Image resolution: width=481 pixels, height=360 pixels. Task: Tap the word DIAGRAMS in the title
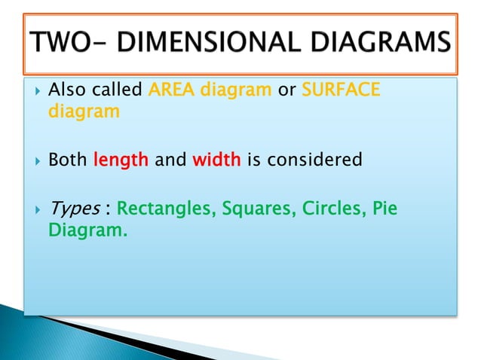[375, 43]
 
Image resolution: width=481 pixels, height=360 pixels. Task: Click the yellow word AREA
[170, 92]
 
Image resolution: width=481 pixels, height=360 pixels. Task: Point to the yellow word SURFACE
[342, 92]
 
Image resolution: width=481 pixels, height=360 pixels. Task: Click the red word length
[121, 160]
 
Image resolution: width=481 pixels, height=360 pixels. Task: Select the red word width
[216, 160]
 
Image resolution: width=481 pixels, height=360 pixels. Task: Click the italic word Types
[73, 209]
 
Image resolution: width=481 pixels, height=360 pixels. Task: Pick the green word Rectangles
[164, 209]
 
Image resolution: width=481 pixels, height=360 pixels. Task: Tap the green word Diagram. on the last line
[87, 230]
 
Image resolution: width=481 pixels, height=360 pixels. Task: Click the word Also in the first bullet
[68, 92]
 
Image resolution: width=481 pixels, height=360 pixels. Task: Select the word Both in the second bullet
[68, 160]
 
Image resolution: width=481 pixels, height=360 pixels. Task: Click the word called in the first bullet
[117, 92]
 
